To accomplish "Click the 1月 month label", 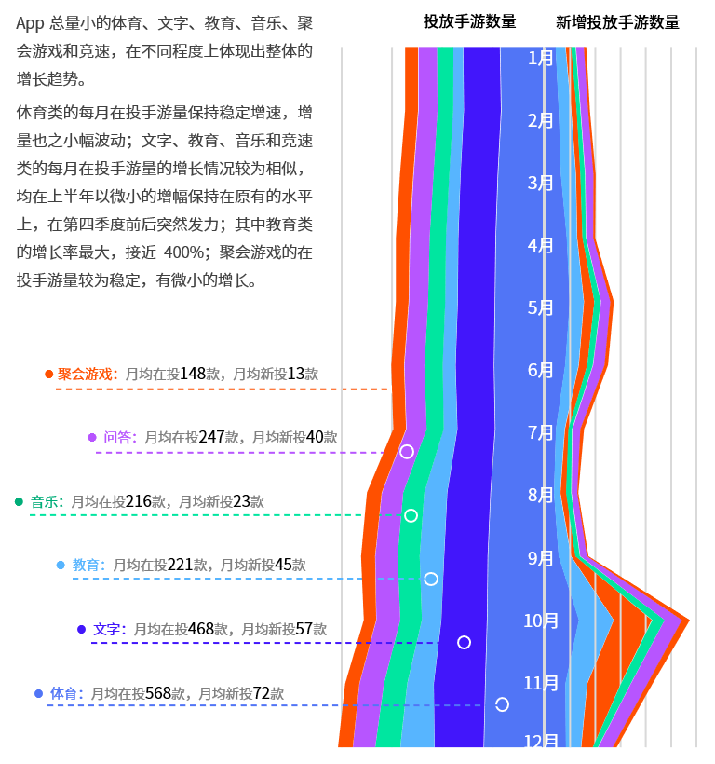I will [x=540, y=58].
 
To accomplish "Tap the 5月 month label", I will [x=540, y=307].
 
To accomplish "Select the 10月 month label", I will [x=541, y=621].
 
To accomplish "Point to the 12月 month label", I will [x=541, y=743].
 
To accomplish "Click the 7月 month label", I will [x=540, y=432].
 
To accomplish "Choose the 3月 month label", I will [x=540, y=183].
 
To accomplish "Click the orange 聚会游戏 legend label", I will [x=87, y=374].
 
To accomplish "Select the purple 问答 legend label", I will [x=118, y=437].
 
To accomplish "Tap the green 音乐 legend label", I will [x=46, y=502].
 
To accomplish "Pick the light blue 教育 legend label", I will [x=87, y=565].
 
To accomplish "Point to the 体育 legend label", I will [x=65, y=694].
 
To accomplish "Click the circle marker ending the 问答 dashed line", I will [x=407, y=452].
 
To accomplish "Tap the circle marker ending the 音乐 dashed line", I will [x=411, y=515].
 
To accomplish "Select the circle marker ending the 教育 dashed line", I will [x=431, y=579].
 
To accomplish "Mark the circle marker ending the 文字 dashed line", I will [x=464, y=642].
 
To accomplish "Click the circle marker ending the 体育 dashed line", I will [x=502, y=704].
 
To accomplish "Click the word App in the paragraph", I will [x=29, y=23].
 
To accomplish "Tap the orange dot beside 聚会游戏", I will [x=48, y=374].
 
